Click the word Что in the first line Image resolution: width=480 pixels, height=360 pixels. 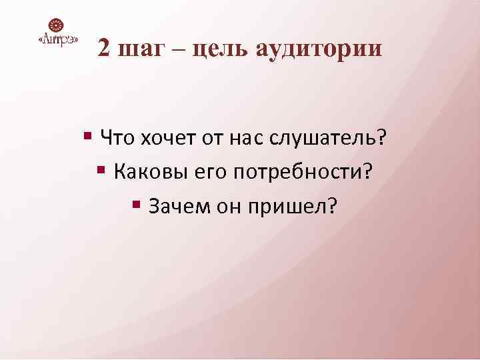click(117, 138)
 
